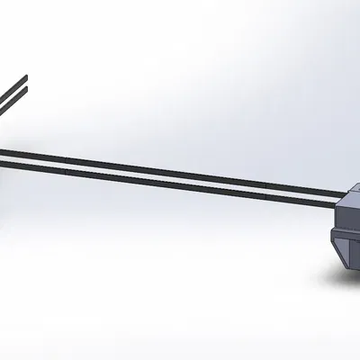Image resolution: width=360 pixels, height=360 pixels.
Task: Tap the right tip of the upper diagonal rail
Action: coord(26,78)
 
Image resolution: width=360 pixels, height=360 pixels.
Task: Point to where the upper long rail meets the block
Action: coord(346,193)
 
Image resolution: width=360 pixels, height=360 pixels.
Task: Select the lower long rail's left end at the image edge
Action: coord(2,162)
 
